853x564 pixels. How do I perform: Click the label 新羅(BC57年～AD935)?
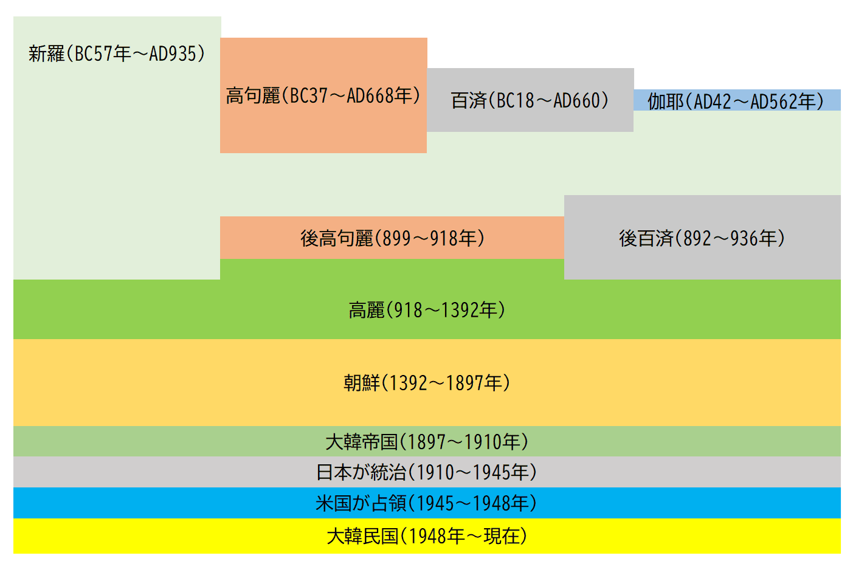117,54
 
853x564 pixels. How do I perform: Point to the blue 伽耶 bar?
737,100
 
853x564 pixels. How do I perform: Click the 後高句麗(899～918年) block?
392,238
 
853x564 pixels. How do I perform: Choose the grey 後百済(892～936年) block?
702,238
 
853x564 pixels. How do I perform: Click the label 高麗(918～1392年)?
427,310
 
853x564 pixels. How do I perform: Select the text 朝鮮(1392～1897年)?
427,383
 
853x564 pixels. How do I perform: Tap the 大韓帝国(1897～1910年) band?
427,442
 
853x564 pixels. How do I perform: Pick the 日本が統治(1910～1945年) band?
427,472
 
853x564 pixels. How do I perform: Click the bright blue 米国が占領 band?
427,503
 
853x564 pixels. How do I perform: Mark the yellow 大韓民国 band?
427,536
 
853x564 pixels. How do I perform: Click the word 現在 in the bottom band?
502,536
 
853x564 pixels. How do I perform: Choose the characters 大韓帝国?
362,442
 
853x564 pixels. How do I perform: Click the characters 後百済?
646,238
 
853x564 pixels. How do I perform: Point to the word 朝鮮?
362,383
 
